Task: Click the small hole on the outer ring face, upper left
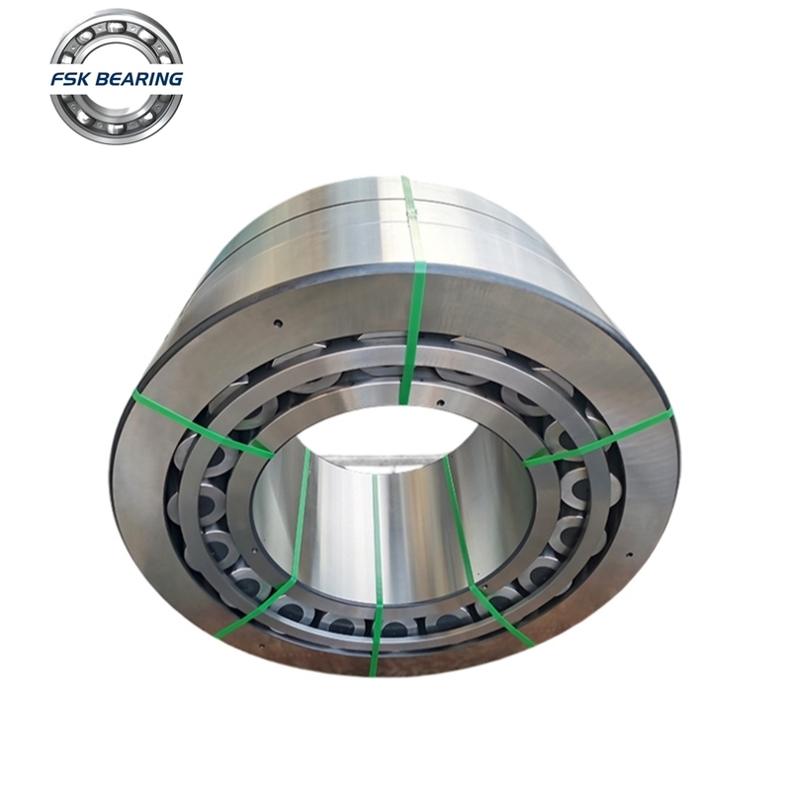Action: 276,324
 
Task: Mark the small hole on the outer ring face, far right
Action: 629,556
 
